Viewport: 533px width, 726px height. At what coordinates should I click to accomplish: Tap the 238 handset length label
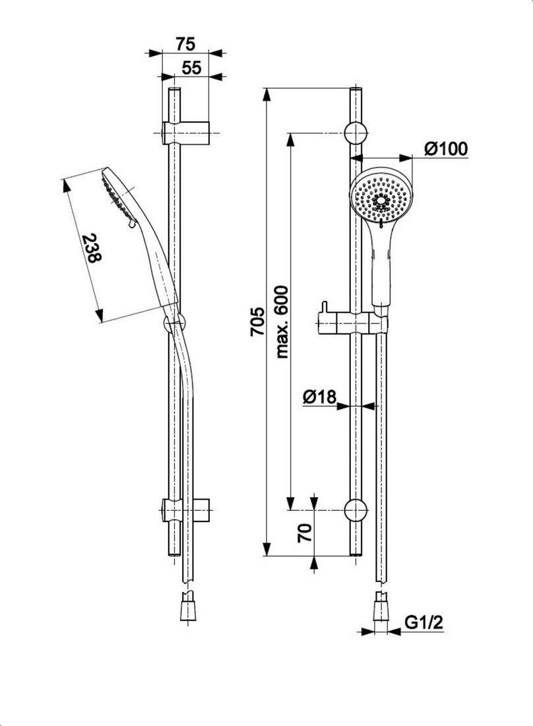click(x=92, y=249)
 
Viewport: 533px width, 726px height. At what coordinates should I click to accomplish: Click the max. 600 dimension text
click(x=282, y=321)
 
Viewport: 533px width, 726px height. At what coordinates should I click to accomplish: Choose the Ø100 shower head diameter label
click(x=446, y=149)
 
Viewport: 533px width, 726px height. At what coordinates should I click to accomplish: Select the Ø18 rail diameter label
click(x=319, y=397)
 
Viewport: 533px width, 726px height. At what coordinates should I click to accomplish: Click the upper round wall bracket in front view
click(x=355, y=133)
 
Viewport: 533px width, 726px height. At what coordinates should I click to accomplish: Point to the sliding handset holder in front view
click(x=352, y=325)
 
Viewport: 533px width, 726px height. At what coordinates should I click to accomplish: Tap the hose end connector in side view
click(x=189, y=608)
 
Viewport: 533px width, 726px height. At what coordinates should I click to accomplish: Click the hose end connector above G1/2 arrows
click(x=381, y=608)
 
